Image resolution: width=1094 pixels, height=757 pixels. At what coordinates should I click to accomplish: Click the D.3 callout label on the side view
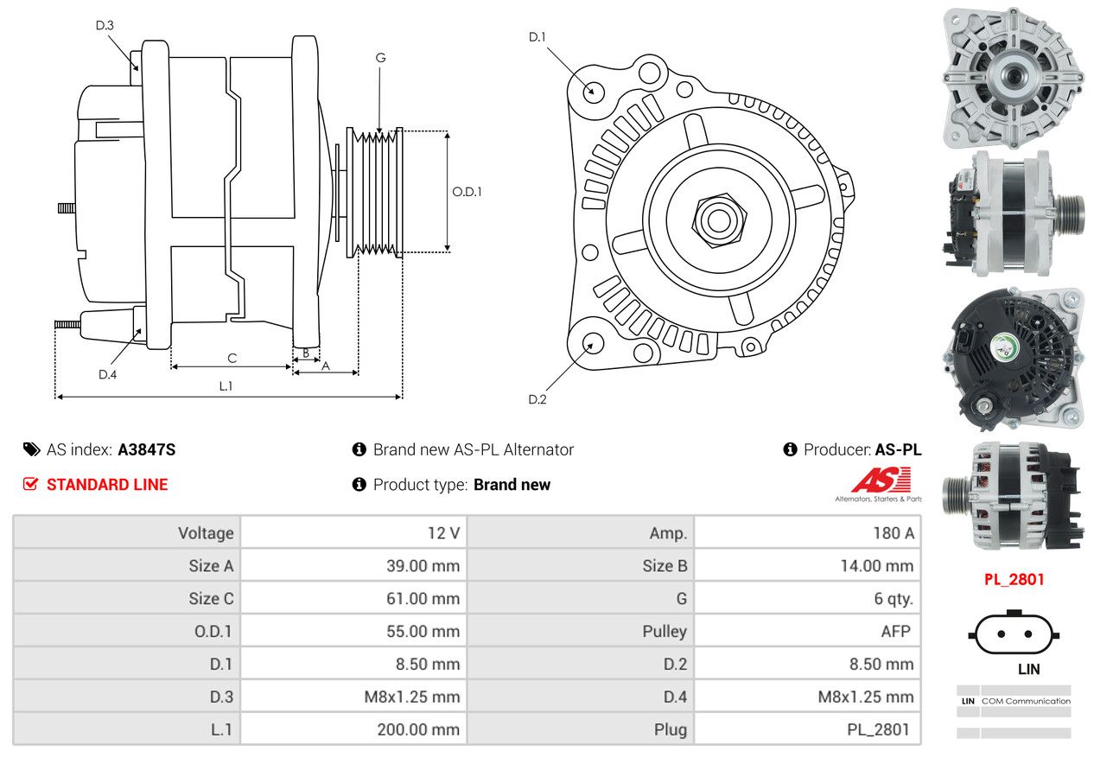coord(105,25)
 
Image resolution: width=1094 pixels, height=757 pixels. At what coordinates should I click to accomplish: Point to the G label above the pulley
coord(380,58)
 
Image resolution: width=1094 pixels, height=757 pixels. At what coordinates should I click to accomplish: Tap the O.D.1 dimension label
coord(467,192)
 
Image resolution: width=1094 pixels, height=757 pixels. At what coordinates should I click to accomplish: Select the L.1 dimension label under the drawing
coord(226,386)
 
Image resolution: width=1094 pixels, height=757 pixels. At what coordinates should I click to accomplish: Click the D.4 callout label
coord(107,374)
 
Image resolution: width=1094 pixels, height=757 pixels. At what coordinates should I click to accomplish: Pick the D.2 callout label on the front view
coord(537,399)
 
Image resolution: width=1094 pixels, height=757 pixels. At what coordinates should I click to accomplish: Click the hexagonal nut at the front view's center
coord(719,221)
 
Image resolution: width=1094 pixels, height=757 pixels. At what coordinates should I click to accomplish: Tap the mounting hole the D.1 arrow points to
coord(594,92)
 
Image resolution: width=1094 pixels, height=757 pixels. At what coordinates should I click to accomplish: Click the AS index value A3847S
coord(147,450)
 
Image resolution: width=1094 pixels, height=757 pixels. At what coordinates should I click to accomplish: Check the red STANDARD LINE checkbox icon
coord(30,484)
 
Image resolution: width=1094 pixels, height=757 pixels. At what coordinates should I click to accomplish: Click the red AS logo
coord(882,480)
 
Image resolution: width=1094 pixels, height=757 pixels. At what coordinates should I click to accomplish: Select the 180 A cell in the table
coord(894,533)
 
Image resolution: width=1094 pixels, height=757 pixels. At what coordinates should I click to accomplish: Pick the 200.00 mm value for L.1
coord(418,729)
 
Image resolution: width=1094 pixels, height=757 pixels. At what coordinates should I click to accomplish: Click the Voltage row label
coord(206,533)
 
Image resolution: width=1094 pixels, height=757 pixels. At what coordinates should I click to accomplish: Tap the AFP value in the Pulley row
coord(896,631)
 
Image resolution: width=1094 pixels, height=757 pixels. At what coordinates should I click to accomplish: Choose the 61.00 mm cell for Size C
coord(423,599)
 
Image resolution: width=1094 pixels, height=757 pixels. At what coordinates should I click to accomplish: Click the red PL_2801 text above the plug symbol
coord(1014,580)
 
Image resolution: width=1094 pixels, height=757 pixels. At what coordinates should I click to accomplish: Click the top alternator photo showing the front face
coord(1014,78)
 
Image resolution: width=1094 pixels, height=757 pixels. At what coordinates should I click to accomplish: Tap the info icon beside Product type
coord(359,485)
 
